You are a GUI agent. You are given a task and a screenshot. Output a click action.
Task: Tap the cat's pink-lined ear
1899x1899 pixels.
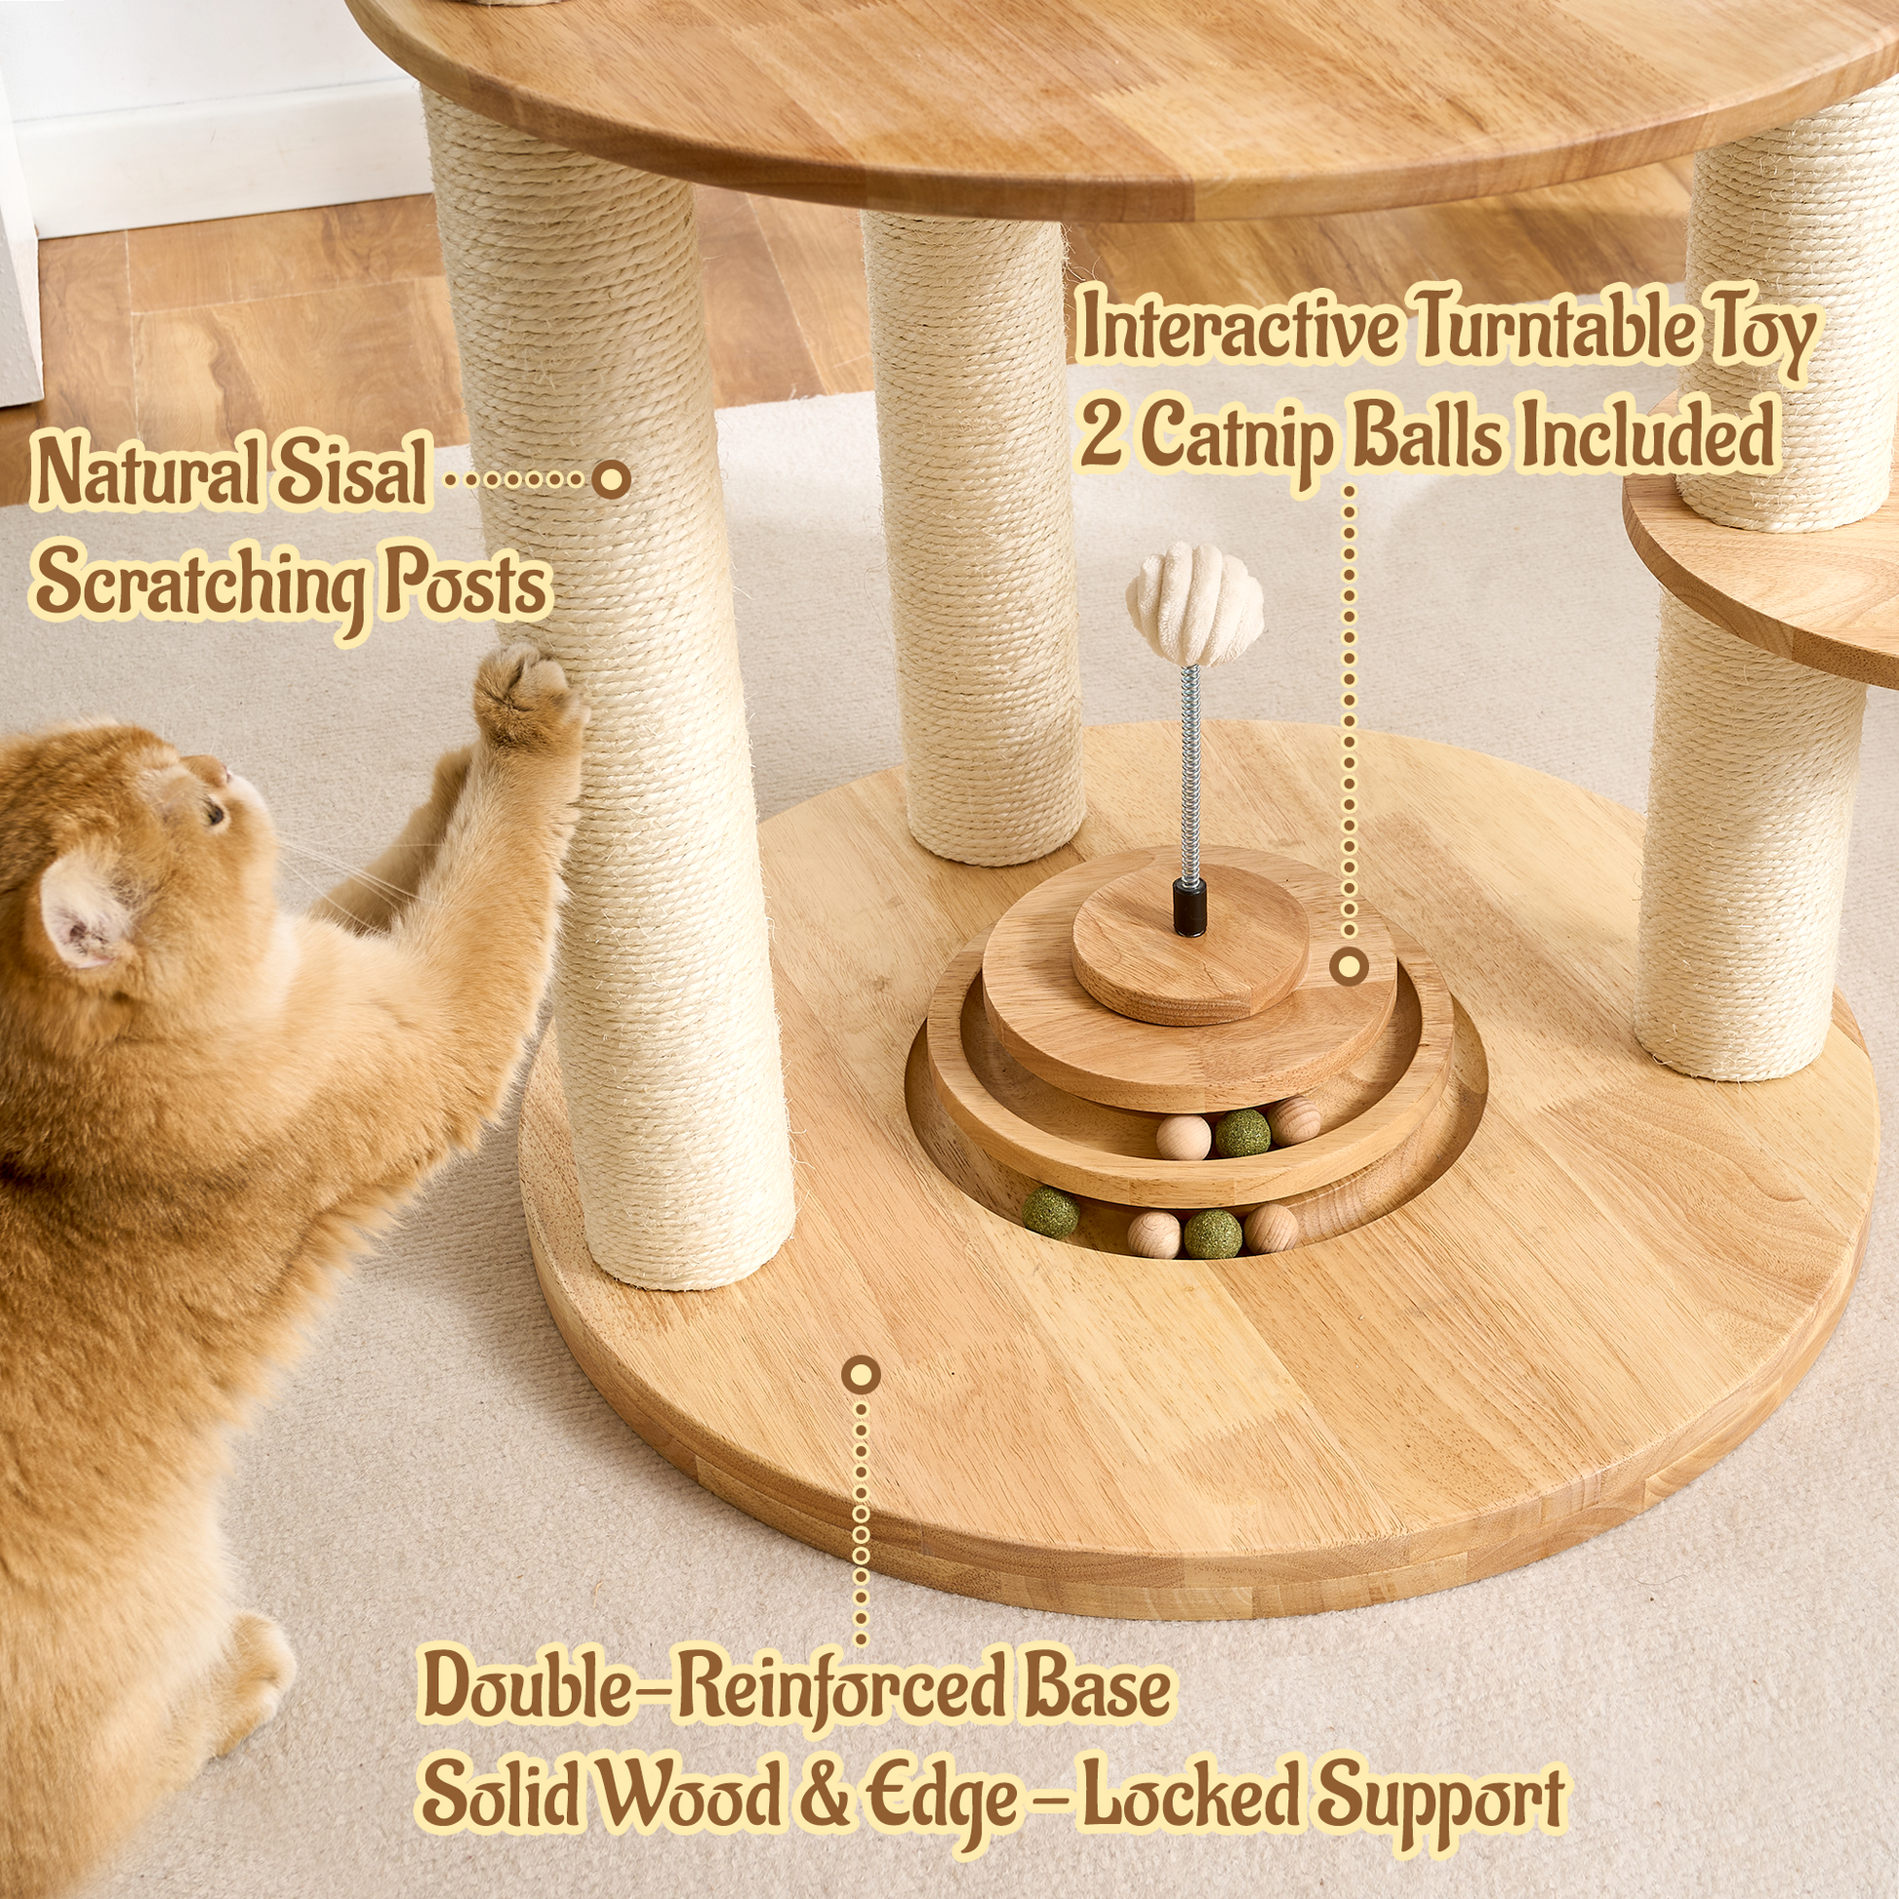click(84, 909)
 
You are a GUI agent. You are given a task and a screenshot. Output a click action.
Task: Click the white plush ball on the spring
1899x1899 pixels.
click(1194, 609)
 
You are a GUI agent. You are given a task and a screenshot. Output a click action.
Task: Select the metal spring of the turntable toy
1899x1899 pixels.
click(1192, 774)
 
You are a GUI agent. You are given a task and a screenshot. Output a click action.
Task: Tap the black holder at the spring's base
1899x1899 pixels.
click(1191, 907)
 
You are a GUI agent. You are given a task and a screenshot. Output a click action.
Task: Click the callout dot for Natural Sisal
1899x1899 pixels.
click(612, 480)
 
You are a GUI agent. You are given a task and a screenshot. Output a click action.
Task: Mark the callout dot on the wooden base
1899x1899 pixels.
click(861, 1374)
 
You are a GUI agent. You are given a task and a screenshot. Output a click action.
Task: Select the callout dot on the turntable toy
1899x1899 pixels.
click(1349, 967)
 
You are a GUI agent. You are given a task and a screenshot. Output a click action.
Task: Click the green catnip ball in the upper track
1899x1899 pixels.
click(1241, 1132)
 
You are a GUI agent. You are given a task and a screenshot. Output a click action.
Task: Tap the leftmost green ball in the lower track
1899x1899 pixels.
click(1051, 1212)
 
